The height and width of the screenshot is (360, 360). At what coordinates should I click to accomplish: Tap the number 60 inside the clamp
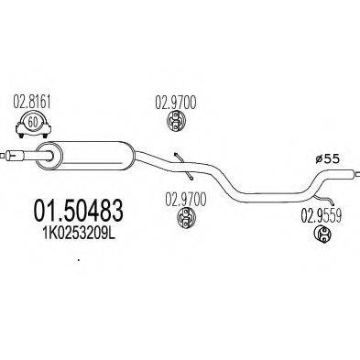(34, 121)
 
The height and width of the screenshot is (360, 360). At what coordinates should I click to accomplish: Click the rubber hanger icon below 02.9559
(323, 236)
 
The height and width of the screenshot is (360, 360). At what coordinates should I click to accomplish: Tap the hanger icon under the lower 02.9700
(184, 216)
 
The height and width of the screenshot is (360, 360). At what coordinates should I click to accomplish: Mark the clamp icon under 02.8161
(34, 122)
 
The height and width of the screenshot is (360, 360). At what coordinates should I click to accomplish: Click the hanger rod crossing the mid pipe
(183, 164)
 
